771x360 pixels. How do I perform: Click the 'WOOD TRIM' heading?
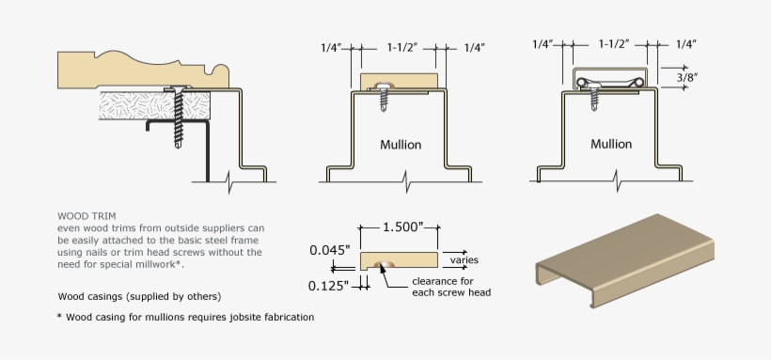pos(87,216)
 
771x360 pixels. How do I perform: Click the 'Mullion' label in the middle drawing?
pos(401,145)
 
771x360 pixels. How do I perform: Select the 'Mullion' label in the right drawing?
pos(611,144)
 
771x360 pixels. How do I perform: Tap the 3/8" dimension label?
pos(687,77)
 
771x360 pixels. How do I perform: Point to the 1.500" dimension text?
pos(402,227)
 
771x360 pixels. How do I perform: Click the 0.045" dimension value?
pos(329,250)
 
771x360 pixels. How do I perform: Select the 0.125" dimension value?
pos(328,286)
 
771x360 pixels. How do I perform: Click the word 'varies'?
pos(464,260)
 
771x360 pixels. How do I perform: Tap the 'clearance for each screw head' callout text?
pos(451,287)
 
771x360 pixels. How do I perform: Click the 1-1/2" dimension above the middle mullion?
pos(402,47)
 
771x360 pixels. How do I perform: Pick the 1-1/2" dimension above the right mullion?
pos(614,44)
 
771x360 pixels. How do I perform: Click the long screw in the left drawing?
pos(178,117)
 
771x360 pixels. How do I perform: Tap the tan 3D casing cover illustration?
pos(625,260)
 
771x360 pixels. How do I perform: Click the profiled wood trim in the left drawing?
pos(143,70)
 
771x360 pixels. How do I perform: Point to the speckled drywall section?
pos(155,105)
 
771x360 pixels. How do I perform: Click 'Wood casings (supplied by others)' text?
pos(140,297)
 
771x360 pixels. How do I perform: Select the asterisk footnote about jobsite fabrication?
pos(185,317)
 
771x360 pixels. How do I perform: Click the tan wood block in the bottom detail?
pos(399,260)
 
